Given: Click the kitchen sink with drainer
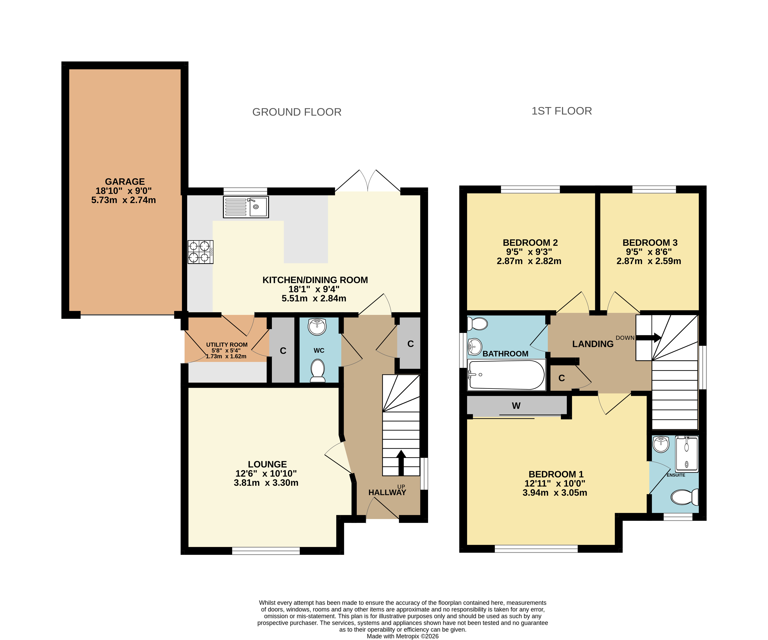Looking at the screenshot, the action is coord(246,207).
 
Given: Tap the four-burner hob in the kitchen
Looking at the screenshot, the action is coord(200,252).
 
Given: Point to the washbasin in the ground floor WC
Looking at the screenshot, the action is coord(317,327).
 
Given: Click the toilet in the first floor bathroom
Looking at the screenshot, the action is coord(477,324).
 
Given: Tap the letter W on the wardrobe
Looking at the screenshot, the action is coord(516,406).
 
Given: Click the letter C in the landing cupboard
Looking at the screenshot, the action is coord(562,378).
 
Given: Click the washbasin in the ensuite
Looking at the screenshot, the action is coord(661,444).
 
